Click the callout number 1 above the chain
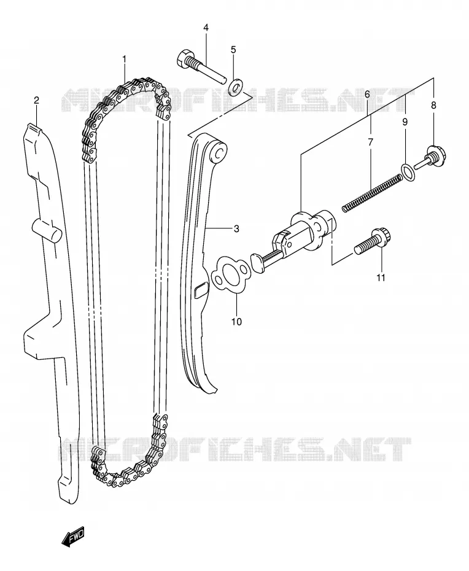tap(124, 59)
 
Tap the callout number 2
tap(36, 100)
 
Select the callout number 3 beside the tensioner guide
tap(236, 228)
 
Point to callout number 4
tap(206, 27)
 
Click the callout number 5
tap(233, 49)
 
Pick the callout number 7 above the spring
tap(371, 142)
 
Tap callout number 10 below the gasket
tap(236, 322)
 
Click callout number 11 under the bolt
tap(381, 278)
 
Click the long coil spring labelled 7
tap(372, 193)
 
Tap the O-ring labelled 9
tap(408, 171)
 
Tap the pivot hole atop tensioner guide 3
tap(220, 152)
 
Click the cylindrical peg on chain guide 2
tap(47, 231)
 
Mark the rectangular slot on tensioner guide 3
tap(201, 291)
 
